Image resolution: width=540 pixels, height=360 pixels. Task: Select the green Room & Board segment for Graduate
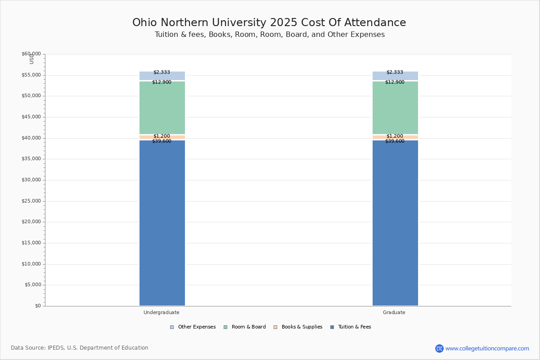[395, 108]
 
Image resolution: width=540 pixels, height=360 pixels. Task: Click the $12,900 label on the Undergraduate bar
[162, 82]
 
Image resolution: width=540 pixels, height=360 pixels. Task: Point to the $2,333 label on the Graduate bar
[395, 72]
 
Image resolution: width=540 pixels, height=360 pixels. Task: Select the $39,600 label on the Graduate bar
[395, 141]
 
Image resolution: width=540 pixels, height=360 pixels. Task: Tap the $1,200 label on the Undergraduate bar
[162, 136]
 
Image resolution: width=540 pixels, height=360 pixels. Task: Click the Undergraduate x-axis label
[162, 312]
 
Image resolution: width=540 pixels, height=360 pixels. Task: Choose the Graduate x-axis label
[394, 312]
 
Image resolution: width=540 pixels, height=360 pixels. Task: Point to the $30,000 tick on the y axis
[31, 180]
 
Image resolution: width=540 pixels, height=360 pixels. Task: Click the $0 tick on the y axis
[37, 306]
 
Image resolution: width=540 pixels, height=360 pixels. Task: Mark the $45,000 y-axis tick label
[31, 117]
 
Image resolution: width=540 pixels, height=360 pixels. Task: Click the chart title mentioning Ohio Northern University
[269, 23]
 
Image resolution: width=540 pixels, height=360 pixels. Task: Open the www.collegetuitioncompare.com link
[487, 348]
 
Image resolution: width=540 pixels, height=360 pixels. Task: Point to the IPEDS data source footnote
[80, 348]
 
